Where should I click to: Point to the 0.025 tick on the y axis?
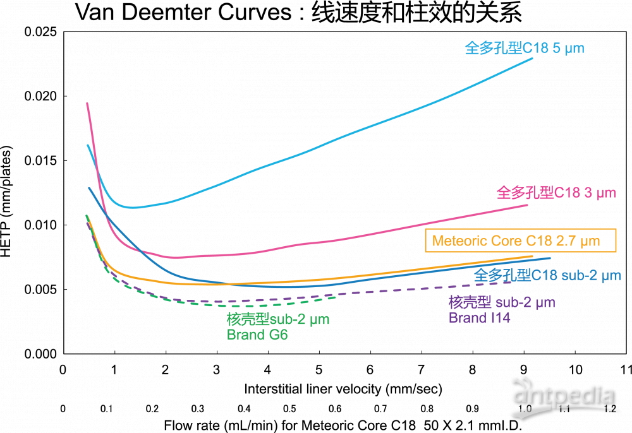[x=42, y=32]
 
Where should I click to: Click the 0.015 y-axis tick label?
[x=42, y=161]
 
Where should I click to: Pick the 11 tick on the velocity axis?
[x=626, y=369]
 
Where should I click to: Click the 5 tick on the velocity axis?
[x=319, y=369]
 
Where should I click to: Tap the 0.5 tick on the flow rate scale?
[x=289, y=409]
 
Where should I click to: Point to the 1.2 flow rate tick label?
[x=609, y=409]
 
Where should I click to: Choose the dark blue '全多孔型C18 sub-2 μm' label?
[x=547, y=275]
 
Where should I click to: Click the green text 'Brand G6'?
[x=257, y=335]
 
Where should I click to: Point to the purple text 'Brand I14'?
[x=479, y=318]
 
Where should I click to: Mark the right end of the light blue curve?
[x=532, y=58]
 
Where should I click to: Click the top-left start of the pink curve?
[x=87, y=103]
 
